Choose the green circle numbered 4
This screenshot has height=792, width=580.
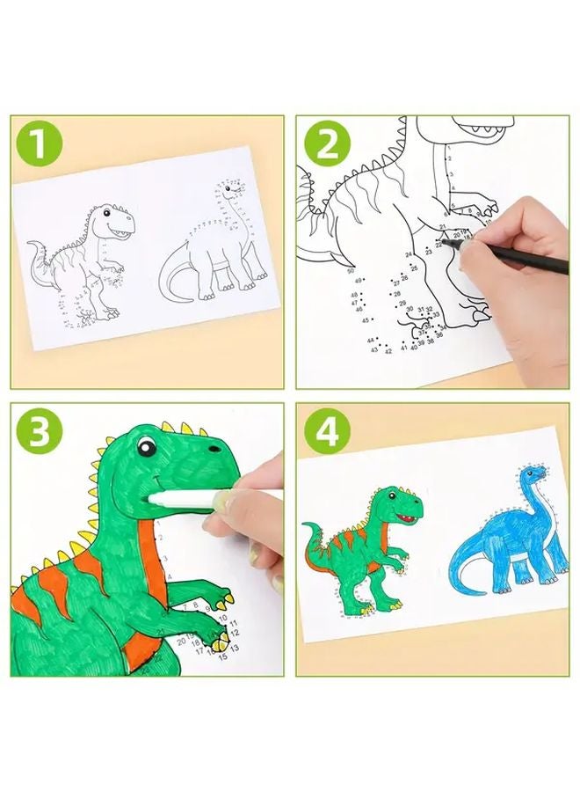tap(327, 431)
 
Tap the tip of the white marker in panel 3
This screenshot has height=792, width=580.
tap(156, 499)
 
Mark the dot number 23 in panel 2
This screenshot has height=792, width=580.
tap(428, 251)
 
